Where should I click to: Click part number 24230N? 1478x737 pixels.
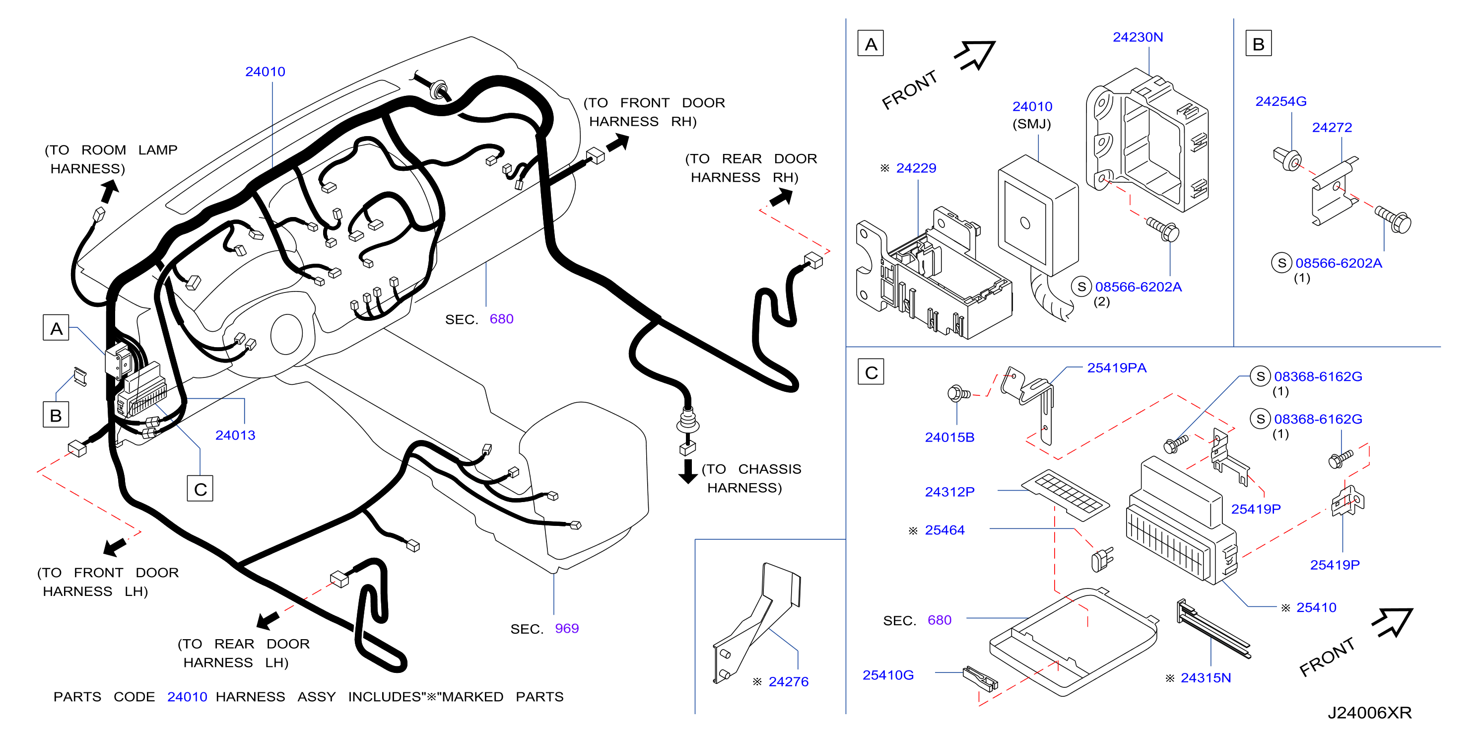tap(1138, 37)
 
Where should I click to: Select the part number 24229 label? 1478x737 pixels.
tap(916, 168)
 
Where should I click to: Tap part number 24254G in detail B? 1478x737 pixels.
tap(1280, 102)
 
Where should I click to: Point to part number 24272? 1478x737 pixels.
tap(1332, 128)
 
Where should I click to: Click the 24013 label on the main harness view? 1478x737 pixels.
tap(235, 435)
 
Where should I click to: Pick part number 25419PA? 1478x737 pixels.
tap(1117, 368)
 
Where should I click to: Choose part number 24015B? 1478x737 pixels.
tap(949, 438)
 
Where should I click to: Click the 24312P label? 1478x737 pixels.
tap(949, 492)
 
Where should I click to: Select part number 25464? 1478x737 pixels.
tap(944, 530)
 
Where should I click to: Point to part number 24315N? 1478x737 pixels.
tap(1206, 678)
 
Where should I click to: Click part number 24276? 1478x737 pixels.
tap(788, 682)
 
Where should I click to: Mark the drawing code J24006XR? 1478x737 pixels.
tap(1370, 713)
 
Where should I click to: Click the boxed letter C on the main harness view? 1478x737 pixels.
tap(200, 489)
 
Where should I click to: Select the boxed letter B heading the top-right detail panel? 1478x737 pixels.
tap(1258, 43)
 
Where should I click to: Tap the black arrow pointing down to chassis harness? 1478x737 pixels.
tap(687, 471)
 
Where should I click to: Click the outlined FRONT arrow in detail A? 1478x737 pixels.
tap(975, 55)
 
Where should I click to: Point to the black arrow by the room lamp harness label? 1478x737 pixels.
tap(109, 191)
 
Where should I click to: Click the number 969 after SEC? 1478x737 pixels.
tap(567, 629)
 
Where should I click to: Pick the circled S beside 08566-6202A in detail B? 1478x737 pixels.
tap(1281, 263)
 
